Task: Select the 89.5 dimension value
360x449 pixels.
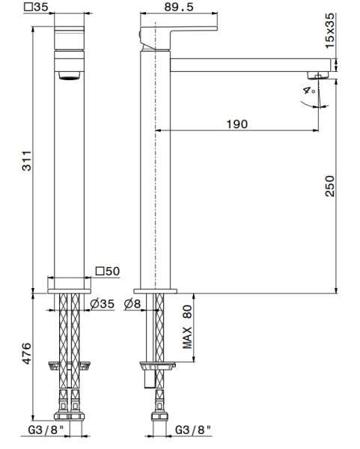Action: (x=180, y=7)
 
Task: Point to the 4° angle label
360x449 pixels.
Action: (x=306, y=91)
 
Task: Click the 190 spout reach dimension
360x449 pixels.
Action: (x=237, y=123)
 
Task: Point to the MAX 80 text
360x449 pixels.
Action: (x=188, y=329)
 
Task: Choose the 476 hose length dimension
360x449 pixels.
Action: (x=26, y=354)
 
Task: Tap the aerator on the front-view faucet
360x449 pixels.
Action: (x=68, y=76)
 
